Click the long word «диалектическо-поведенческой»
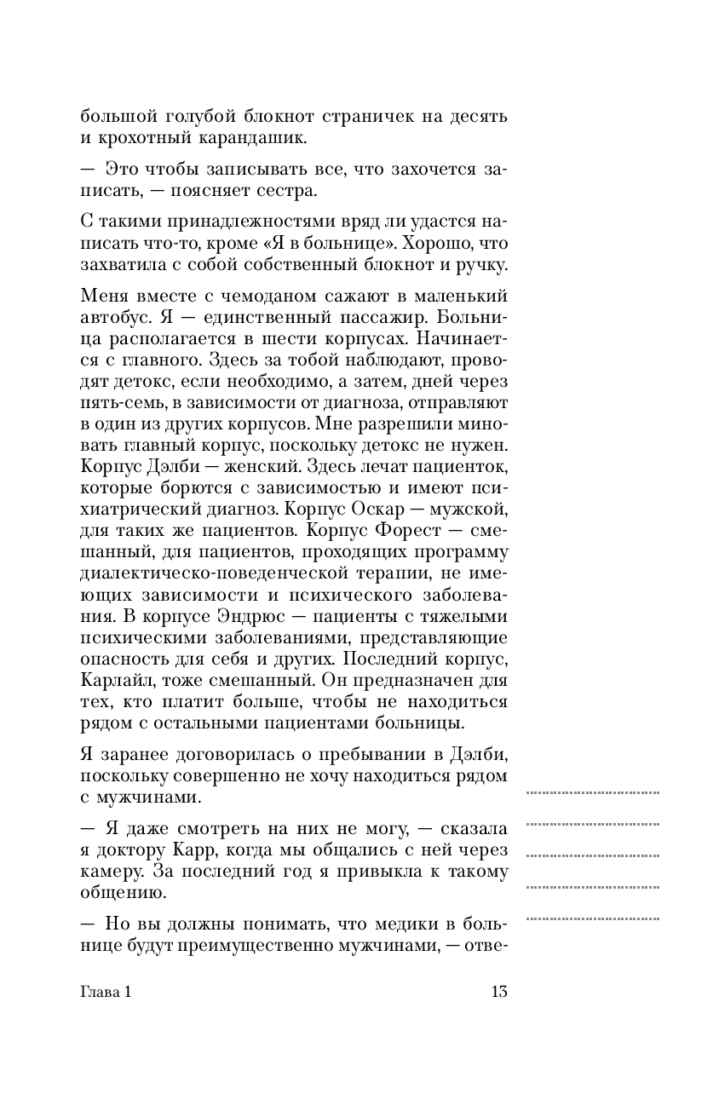187,573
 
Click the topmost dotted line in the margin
593,792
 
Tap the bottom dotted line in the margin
593,918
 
